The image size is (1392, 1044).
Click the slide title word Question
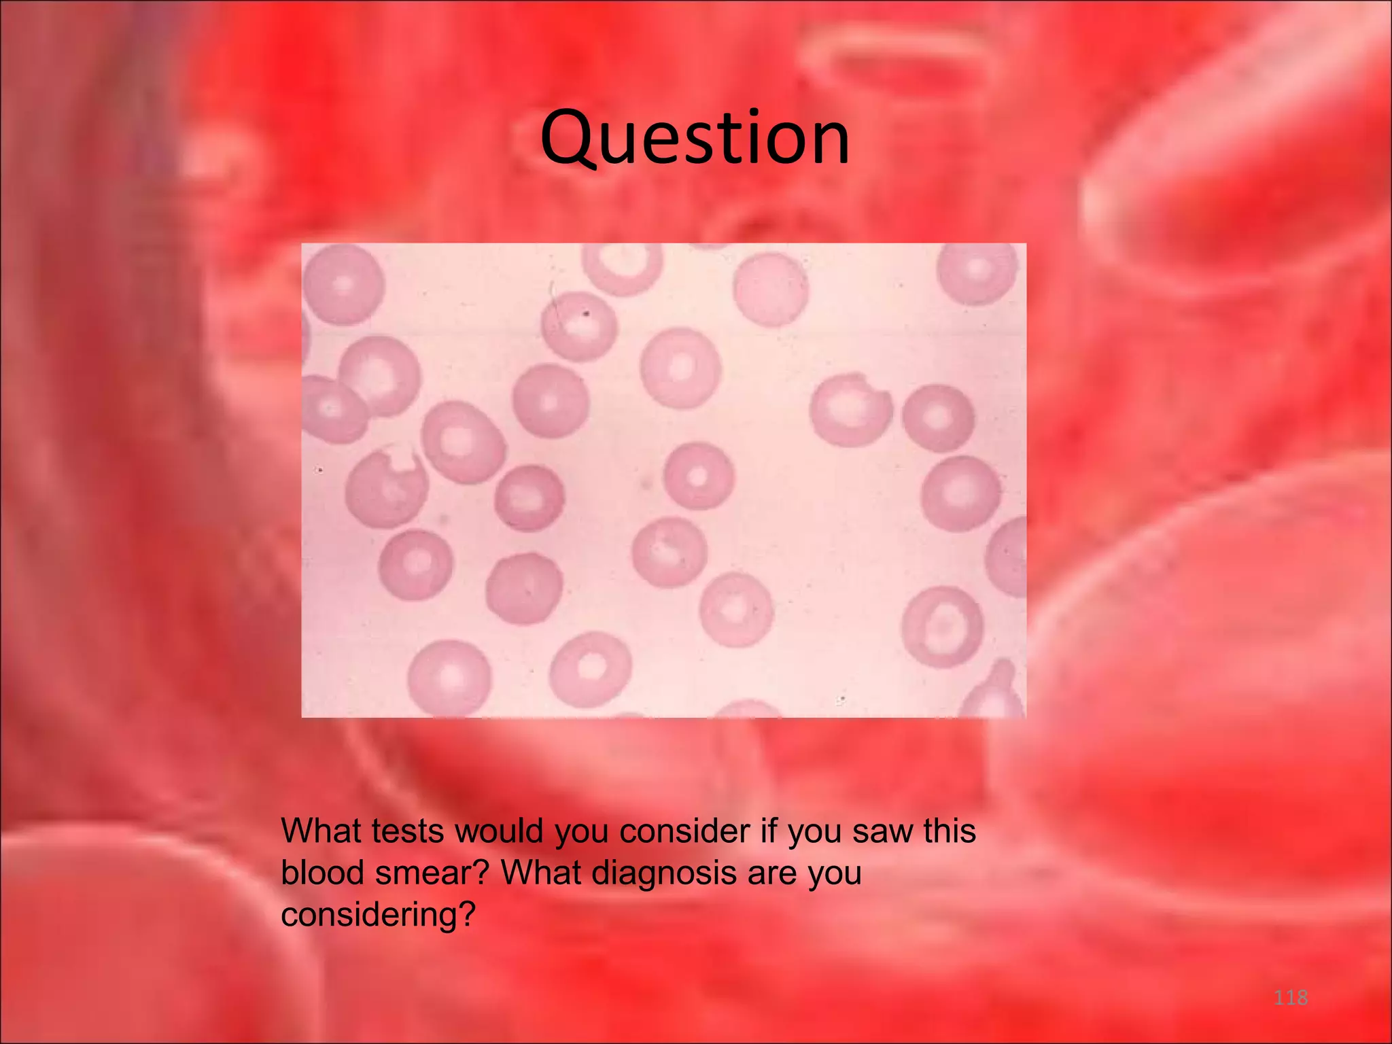(695, 139)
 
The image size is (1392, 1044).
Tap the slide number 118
(1290, 998)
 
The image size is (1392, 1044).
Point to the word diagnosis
(664, 873)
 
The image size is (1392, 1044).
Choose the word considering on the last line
(377, 915)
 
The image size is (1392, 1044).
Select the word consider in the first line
(684, 831)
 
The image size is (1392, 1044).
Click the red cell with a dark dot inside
(579, 325)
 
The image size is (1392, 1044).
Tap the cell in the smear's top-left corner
(343, 284)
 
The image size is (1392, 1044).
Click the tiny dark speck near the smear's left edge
(320, 470)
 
